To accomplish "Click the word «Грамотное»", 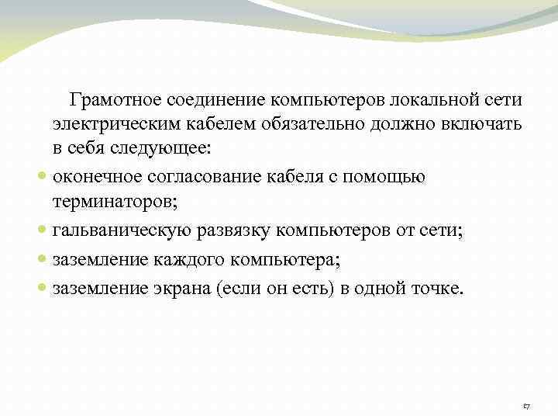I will [115, 101].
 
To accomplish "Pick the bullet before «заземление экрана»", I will [44, 289].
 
